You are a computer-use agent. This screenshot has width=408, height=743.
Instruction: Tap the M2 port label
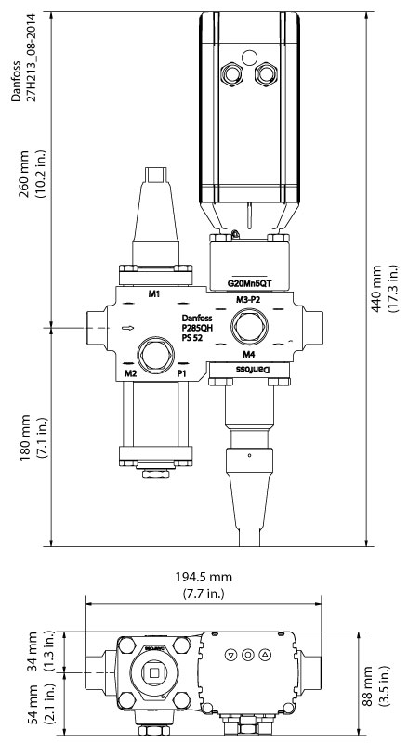point(131,373)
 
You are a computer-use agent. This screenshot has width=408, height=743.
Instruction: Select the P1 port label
point(183,373)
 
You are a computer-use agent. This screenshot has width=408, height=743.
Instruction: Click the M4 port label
point(249,355)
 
